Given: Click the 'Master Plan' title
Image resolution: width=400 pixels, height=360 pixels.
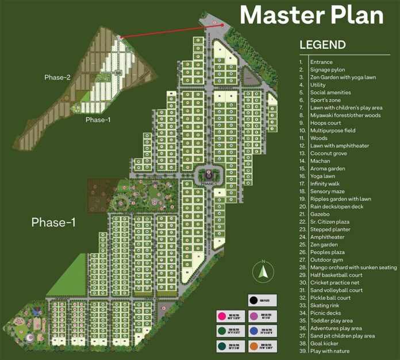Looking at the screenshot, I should (x=311, y=15).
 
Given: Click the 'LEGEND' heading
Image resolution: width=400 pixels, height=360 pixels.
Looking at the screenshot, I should (x=322, y=45).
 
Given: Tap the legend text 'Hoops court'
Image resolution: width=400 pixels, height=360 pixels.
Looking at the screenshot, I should (x=325, y=123).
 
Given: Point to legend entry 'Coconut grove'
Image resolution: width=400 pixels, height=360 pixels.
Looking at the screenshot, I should (x=329, y=153).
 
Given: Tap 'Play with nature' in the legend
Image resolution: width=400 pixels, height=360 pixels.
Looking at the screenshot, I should (x=330, y=351).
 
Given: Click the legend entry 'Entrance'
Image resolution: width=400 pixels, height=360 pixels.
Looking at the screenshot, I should (x=321, y=62).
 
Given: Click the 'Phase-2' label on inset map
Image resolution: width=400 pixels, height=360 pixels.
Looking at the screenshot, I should (x=57, y=77).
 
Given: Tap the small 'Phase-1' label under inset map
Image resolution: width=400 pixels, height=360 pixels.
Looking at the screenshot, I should (x=98, y=120).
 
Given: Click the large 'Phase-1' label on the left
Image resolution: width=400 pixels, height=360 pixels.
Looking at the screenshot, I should (x=53, y=222).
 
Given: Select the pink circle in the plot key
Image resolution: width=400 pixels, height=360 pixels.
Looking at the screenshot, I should (x=220, y=315).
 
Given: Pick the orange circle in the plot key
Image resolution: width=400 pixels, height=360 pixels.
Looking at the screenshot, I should (x=253, y=347).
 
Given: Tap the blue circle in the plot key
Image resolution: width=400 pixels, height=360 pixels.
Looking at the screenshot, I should (x=253, y=331).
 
